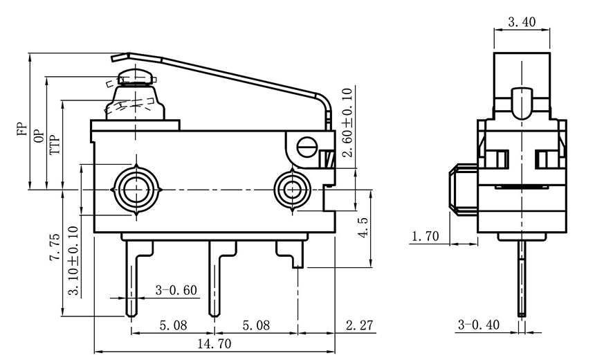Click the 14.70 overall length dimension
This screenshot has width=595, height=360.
214,343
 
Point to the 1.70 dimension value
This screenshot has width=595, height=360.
425,237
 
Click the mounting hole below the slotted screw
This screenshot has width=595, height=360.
292,188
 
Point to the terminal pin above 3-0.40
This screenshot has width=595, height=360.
521,277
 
